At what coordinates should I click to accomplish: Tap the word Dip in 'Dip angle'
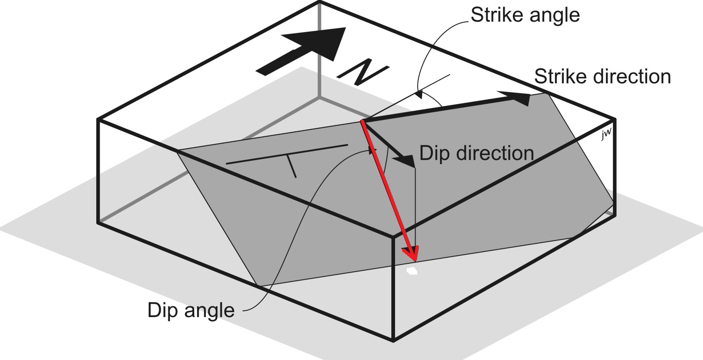163,311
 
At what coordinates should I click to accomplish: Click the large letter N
363,72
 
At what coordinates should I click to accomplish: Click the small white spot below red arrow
412,271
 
